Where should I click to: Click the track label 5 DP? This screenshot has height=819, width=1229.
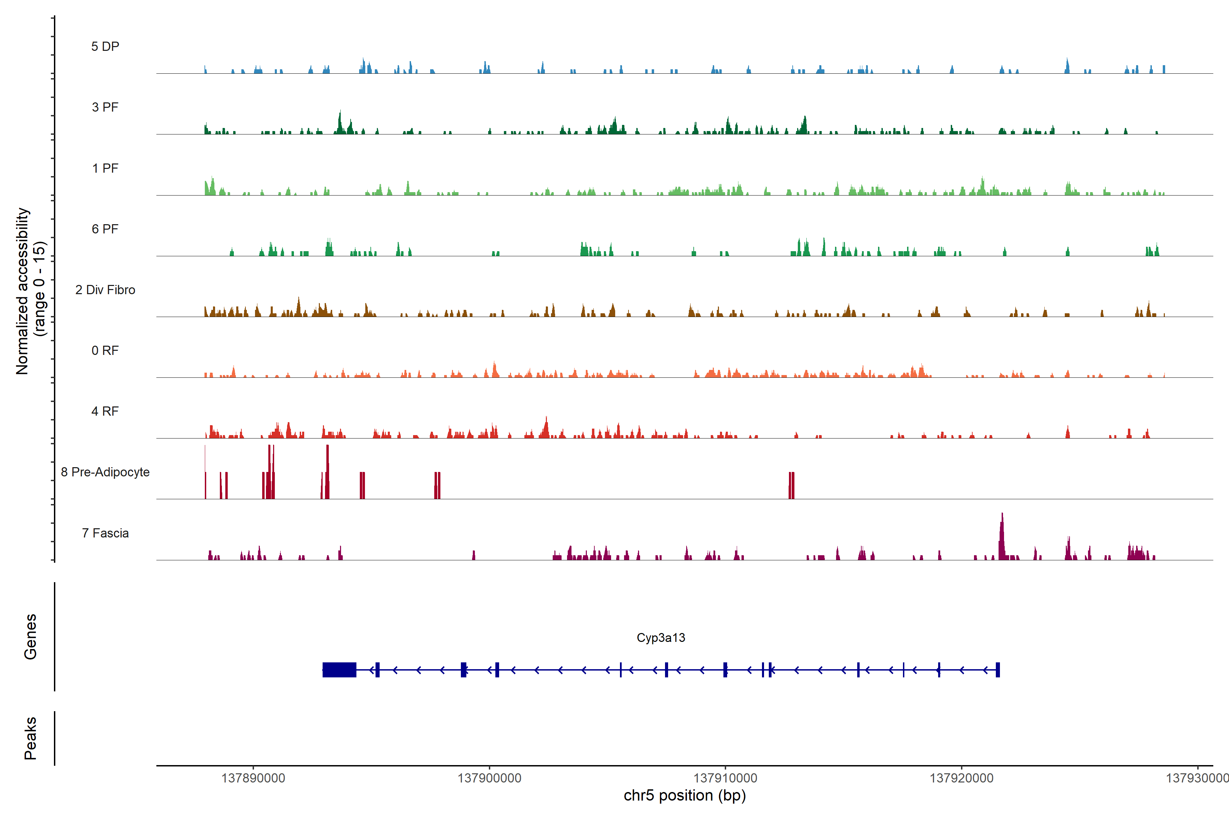pos(105,46)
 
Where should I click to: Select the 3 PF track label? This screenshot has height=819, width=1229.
pos(105,107)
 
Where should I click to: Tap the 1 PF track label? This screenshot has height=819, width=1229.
pos(105,168)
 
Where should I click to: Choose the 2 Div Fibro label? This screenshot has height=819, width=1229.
pos(105,290)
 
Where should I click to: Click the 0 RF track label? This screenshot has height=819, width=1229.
pos(105,350)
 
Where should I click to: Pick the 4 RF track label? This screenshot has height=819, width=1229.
pos(105,411)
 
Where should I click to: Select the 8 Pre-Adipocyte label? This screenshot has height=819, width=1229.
pos(105,472)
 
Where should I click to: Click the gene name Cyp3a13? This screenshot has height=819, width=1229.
pos(661,638)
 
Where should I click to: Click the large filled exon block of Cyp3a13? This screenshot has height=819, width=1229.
pos(339,670)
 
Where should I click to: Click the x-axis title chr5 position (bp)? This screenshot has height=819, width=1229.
pos(684,795)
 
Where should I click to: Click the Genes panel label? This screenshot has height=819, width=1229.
pos(30,637)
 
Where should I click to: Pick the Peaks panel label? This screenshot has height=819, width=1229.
pos(30,738)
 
